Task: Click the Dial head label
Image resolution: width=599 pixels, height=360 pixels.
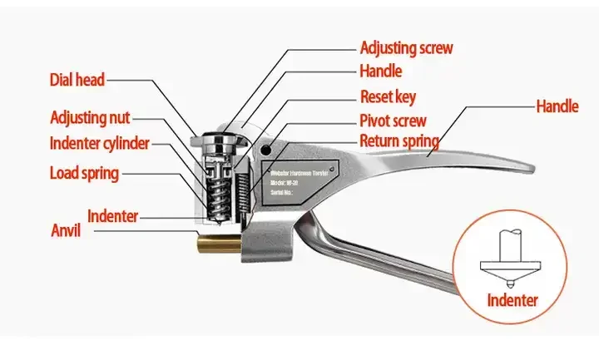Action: (x=77, y=81)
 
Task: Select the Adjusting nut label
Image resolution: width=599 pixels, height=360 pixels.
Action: (x=89, y=118)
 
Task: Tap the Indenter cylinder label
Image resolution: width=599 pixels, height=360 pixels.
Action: (x=99, y=143)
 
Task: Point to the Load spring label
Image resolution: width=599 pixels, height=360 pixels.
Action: (x=83, y=174)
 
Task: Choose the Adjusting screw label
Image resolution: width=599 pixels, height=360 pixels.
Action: (x=407, y=47)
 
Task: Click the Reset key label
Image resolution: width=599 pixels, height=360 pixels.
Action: (x=388, y=96)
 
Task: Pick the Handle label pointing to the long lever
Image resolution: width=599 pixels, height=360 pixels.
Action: (x=557, y=106)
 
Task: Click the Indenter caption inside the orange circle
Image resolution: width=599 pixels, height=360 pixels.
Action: (x=512, y=300)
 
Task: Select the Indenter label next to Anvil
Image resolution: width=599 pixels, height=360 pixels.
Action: (x=112, y=216)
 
